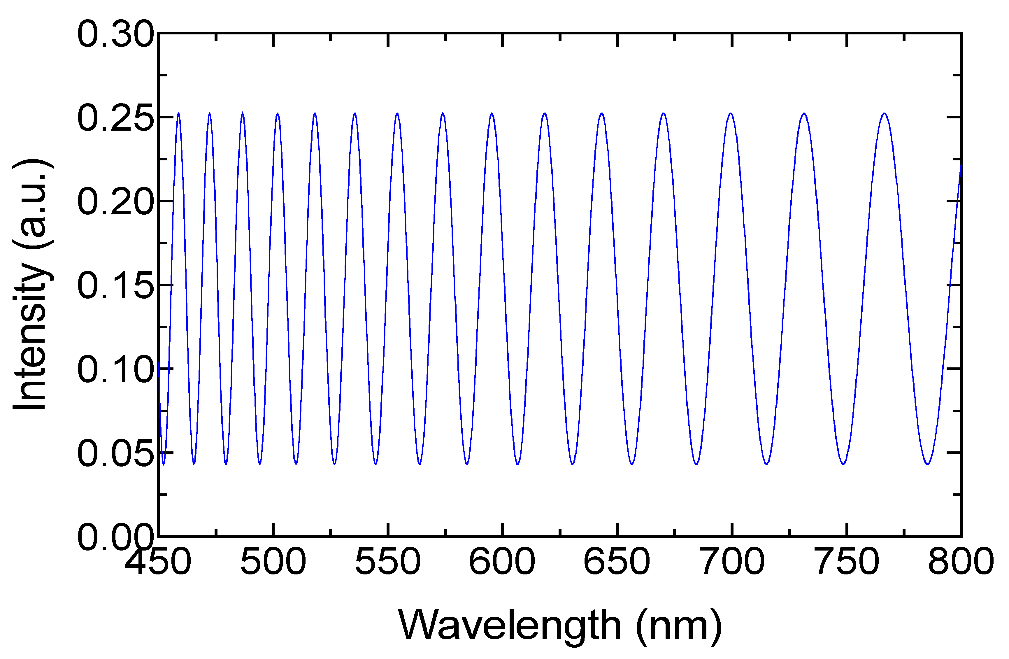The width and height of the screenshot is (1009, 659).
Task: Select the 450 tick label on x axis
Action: [158, 561]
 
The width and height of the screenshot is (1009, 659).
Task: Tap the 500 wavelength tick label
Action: [273, 561]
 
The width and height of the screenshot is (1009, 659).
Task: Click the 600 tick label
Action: [502, 561]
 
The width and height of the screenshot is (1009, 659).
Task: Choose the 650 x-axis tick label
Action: [617, 561]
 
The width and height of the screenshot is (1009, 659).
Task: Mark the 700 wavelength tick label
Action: [732, 561]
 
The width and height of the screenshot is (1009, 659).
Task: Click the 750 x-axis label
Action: [847, 561]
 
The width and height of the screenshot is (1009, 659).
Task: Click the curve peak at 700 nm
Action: [731, 114]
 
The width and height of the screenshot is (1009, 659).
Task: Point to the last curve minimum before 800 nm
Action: [928, 464]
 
